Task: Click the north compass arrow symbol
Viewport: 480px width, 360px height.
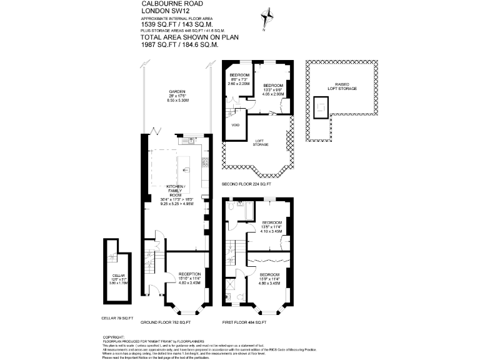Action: (269, 15)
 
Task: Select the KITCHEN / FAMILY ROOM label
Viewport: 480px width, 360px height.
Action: (176, 191)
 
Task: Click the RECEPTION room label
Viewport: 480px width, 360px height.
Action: (189, 274)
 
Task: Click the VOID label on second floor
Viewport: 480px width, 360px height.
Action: (235, 125)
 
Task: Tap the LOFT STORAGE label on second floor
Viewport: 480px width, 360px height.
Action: (260, 142)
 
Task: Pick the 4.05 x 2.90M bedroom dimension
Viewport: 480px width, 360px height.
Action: (272, 94)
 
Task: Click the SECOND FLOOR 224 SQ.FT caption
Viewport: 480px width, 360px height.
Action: (247, 185)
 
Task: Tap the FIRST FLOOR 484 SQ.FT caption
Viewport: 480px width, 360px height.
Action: (244, 322)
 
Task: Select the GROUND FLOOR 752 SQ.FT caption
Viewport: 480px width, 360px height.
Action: (166, 322)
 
